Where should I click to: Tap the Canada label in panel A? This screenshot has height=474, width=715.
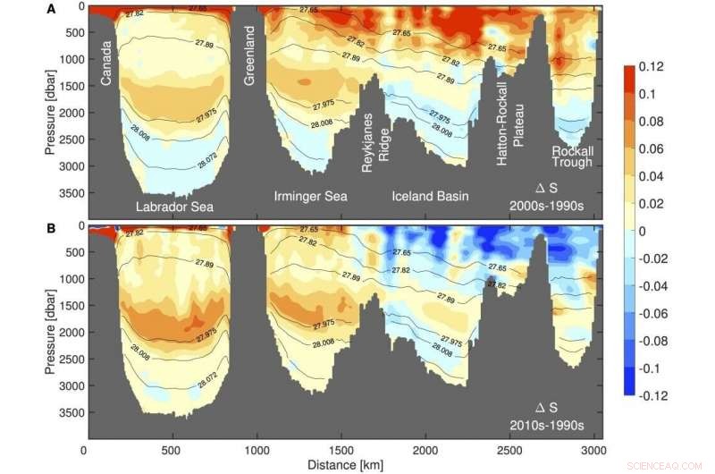pyautogui.click(x=106, y=65)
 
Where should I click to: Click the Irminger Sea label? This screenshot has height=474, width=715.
pyautogui.click(x=310, y=196)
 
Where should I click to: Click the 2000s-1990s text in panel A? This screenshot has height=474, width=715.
pyautogui.click(x=559, y=206)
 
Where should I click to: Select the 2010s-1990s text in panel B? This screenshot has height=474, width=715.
pyautogui.click(x=559, y=426)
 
